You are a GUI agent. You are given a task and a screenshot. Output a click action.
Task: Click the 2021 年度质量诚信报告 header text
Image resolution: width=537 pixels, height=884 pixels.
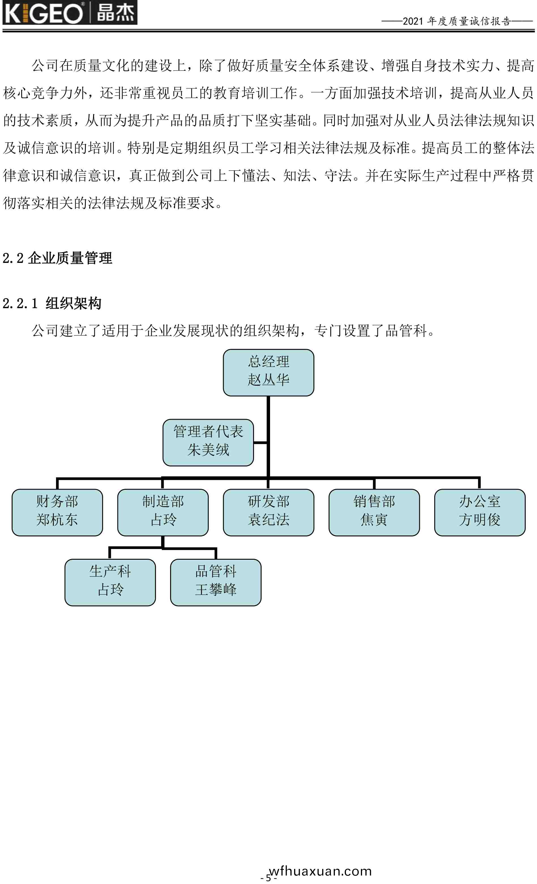click(x=457, y=21)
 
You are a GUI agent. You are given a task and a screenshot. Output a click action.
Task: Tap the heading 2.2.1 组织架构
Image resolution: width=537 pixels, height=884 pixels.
click(x=52, y=303)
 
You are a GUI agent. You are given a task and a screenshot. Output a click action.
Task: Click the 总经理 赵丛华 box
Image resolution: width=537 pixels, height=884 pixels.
click(x=268, y=372)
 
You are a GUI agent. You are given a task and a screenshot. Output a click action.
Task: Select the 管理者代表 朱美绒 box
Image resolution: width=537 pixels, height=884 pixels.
click(x=208, y=442)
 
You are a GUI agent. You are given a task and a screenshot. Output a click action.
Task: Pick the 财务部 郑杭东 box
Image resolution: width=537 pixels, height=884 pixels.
click(x=57, y=512)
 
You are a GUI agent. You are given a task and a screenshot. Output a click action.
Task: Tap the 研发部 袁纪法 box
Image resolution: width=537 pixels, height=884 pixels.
click(x=268, y=512)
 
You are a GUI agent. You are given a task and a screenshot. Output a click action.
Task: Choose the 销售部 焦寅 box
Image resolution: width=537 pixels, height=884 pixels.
click(x=374, y=512)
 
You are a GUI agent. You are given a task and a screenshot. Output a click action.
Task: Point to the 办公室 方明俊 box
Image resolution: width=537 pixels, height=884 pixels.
click(x=480, y=512)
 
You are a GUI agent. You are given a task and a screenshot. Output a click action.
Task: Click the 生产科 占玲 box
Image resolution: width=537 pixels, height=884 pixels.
click(x=110, y=582)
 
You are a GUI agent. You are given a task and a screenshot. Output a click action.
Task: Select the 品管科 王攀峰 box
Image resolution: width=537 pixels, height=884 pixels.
click(x=216, y=582)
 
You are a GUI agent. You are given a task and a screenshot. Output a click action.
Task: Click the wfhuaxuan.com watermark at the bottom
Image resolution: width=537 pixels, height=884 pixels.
click(x=320, y=871)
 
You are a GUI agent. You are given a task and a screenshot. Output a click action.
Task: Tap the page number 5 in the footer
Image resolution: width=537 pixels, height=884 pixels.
click(x=268, y=878)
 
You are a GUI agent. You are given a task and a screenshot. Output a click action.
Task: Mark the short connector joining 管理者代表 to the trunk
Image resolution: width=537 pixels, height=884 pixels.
click(x=261, y=442)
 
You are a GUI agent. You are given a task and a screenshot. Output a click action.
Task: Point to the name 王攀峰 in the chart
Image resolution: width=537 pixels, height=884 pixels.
click(x=216, y=590)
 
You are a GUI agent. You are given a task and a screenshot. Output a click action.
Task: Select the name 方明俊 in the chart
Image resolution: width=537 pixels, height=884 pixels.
click(x=480, y=520)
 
